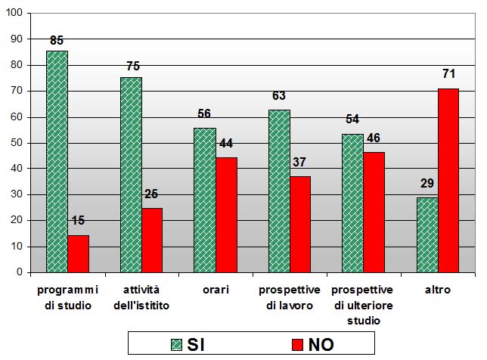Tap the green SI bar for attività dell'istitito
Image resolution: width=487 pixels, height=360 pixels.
[131, 175]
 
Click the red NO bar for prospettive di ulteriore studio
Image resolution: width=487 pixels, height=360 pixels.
[374, 213]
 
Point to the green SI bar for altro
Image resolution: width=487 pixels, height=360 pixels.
[427, 234]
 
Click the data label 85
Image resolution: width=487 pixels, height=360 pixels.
[57, 40]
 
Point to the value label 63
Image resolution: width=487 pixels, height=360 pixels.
[279, 95]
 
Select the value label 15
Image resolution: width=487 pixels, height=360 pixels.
[78, 221]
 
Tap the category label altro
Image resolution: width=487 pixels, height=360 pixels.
[437, 290]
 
